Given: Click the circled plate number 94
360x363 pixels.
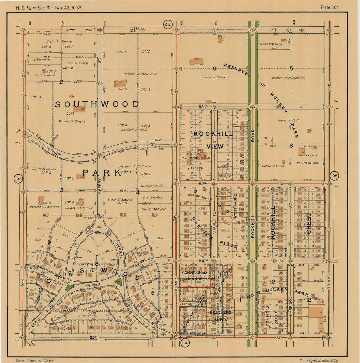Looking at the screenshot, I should (168, 25).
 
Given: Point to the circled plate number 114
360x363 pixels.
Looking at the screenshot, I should (185, 343).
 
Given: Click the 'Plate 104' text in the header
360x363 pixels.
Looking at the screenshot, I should (330, 8).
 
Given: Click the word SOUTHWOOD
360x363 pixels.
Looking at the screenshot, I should (97, 105).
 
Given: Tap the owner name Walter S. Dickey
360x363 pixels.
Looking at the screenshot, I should (215, 77).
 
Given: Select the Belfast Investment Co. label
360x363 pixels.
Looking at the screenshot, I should (290, 78).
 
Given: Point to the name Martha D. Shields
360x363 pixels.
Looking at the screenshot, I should (72, 121).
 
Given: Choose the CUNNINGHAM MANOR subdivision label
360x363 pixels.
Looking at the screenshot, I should (195, 275).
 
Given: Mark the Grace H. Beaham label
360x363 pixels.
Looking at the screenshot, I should (120, 200).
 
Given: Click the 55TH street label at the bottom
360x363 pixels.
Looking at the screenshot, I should (94, 337).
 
